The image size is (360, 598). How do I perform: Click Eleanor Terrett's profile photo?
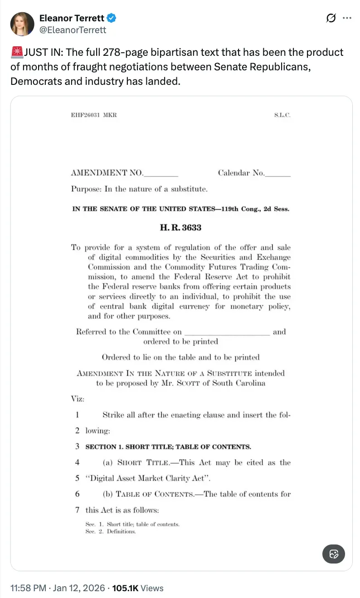[x=22, y=24]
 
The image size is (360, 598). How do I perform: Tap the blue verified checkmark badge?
[x=112, y=18]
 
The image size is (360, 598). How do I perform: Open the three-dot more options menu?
[x=347, y=18]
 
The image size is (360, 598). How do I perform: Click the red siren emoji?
[x=17, y=53]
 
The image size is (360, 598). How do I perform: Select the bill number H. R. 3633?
[x=180, y=227]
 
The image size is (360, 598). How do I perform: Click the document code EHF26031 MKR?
[x=93, y=115]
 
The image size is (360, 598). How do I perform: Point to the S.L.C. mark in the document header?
[x=282, y=115]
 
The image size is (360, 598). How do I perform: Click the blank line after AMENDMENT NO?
[x=161, y=173]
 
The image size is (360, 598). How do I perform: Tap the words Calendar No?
[x=241, y=173]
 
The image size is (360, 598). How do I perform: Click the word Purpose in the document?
[x=86, y=189]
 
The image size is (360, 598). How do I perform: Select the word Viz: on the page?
[x=78, y=399]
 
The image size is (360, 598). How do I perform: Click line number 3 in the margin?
[x=78, y=446]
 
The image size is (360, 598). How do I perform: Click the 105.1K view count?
[x=126, y=588]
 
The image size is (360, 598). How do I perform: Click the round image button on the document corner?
[x=334, y=554]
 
